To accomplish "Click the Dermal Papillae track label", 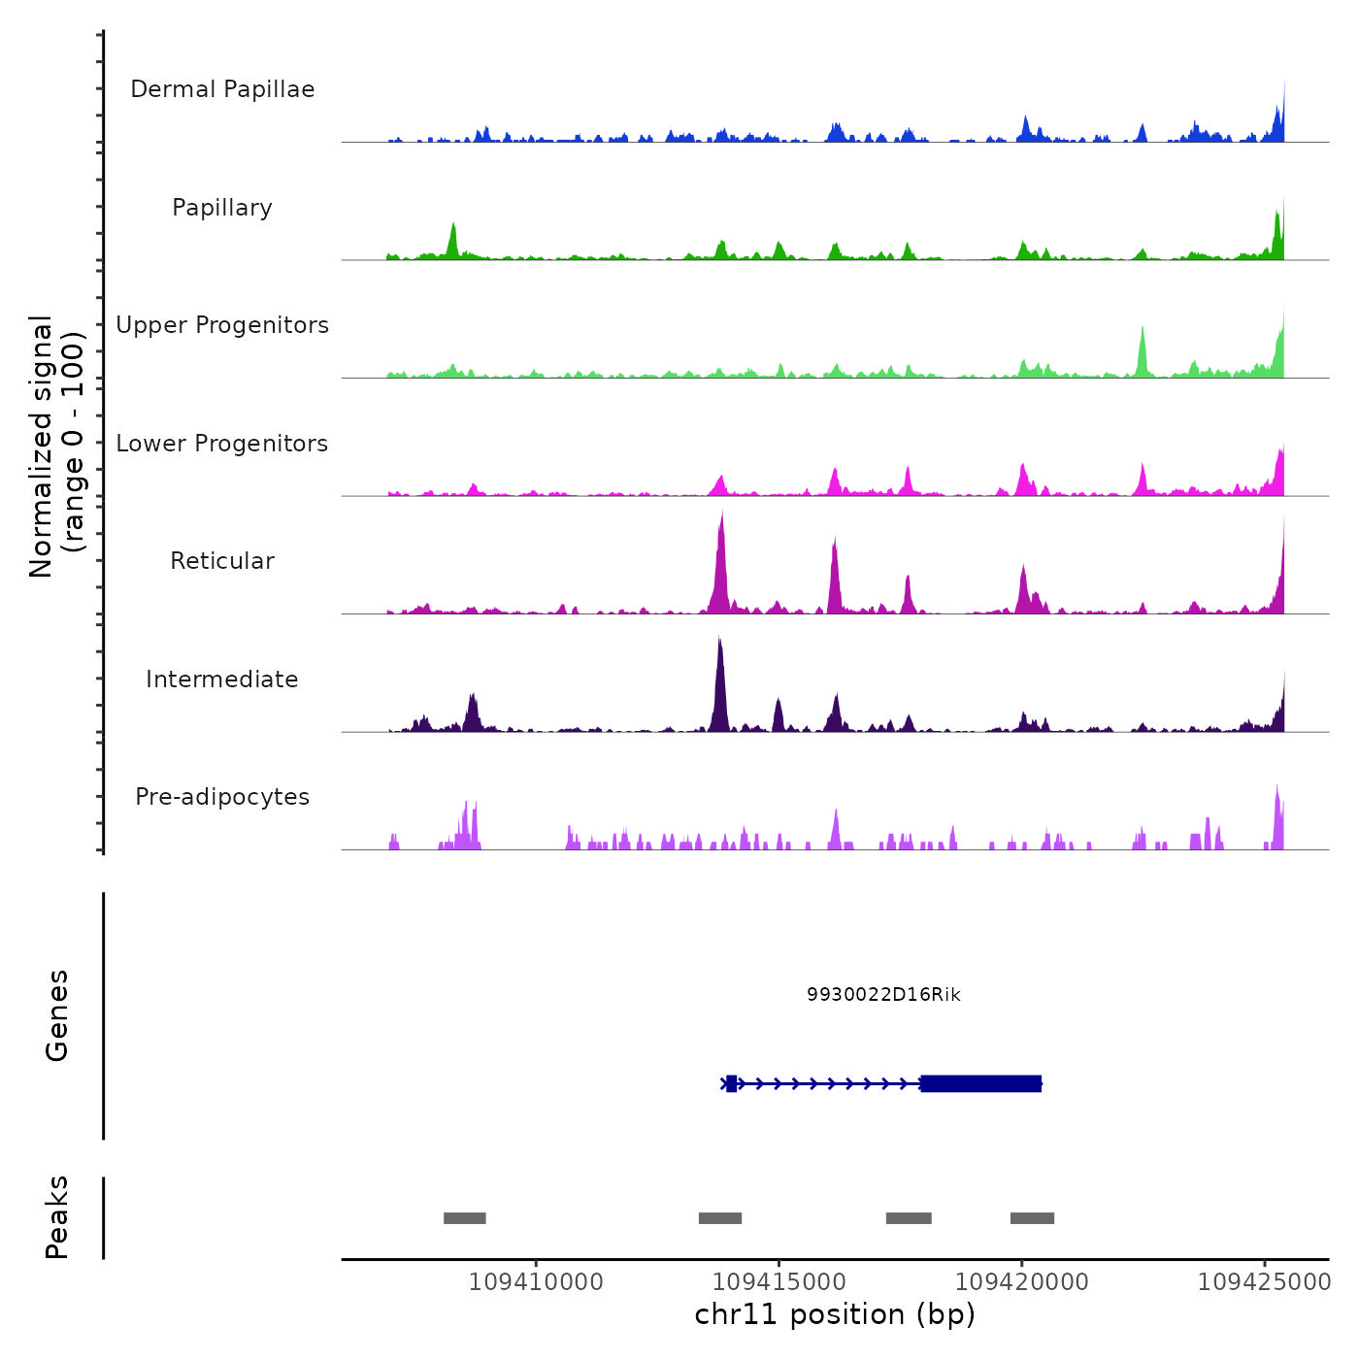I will (222, 89).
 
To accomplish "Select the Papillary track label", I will (222, 208).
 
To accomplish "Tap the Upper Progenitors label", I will (222, 325).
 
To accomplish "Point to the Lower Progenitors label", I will (222, 444).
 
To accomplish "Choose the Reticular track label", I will (222, 561).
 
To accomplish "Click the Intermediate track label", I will (222, 679).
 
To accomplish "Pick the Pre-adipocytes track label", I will (222, 797).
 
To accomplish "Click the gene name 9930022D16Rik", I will (883, 995).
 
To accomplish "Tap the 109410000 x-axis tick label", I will (536, 1282).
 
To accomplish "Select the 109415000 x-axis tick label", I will (779, 1282).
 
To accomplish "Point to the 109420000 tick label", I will (1022, 1282).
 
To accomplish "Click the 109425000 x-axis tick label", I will (1265, 1282).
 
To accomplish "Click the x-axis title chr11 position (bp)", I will (835, 1315).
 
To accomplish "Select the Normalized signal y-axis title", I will (56, 447).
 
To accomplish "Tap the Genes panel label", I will (57, 1015).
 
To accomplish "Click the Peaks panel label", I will (57, 1217).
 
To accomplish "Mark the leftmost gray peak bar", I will (465, 1218).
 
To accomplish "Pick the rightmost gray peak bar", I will (1032, 1218).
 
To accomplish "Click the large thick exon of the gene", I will (981, 1083).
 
